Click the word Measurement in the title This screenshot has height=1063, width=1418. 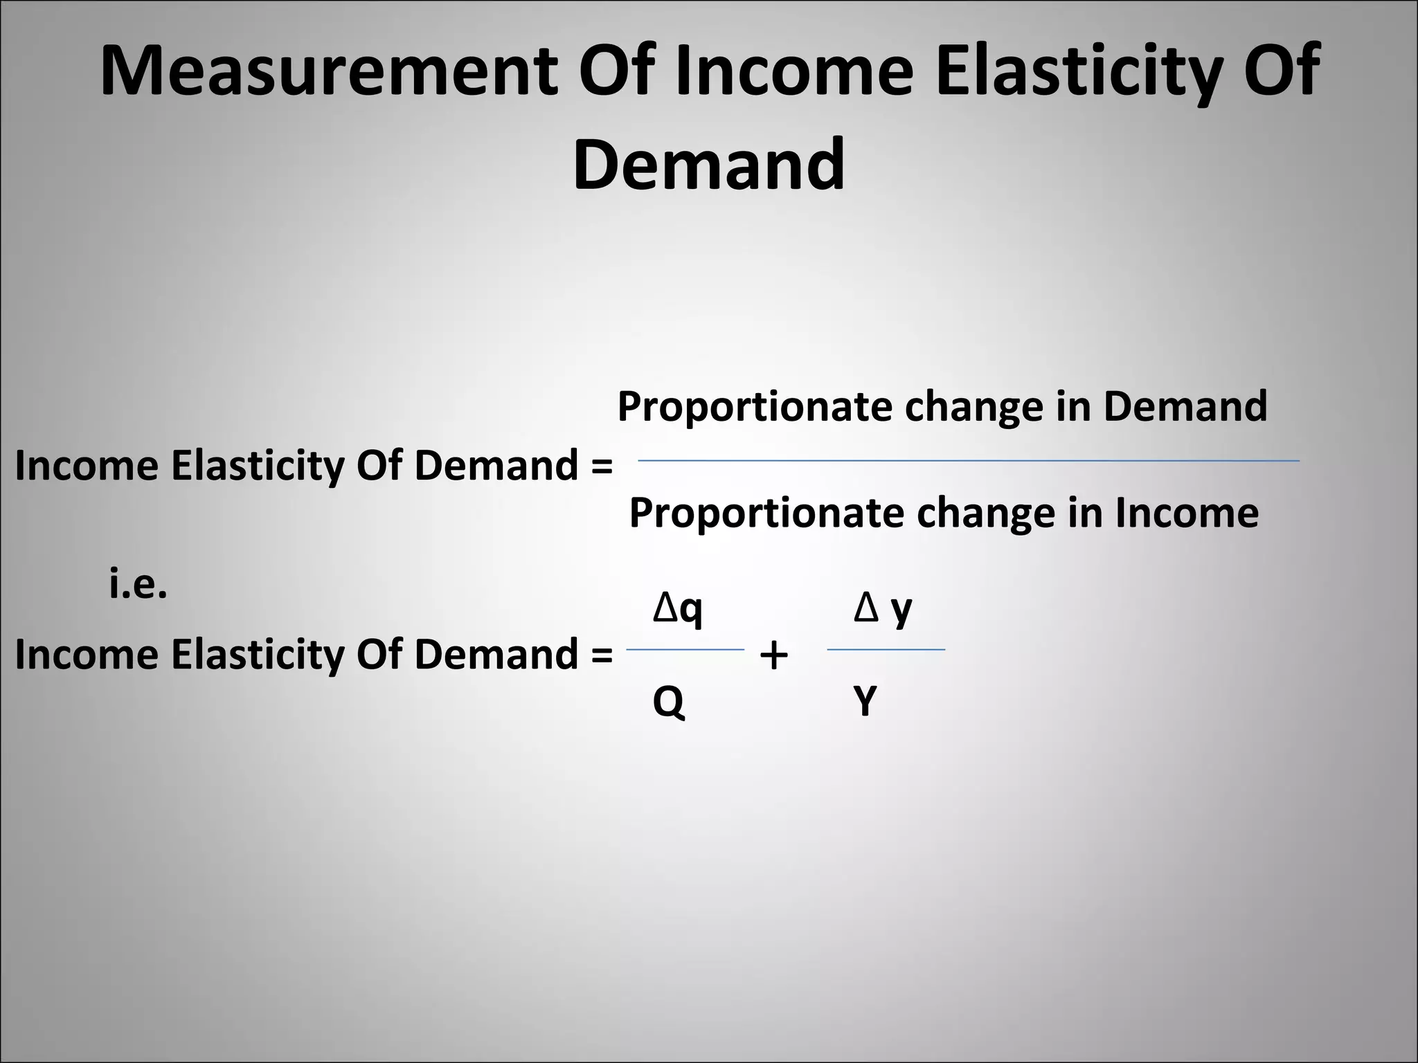329,71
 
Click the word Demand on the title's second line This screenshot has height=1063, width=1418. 708,165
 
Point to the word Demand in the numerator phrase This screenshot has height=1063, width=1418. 1185,406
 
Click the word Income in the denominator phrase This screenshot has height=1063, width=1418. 1186,514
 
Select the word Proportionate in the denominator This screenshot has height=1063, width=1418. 766,514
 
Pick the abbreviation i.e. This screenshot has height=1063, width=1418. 138,585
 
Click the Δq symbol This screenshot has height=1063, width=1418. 678,609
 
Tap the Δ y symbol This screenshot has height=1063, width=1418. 883,609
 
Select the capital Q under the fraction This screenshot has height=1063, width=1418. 668,702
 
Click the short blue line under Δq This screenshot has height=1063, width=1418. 685,650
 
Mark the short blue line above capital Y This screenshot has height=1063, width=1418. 886,650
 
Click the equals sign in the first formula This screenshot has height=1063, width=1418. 602,466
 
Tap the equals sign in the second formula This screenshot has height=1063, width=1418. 602,655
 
